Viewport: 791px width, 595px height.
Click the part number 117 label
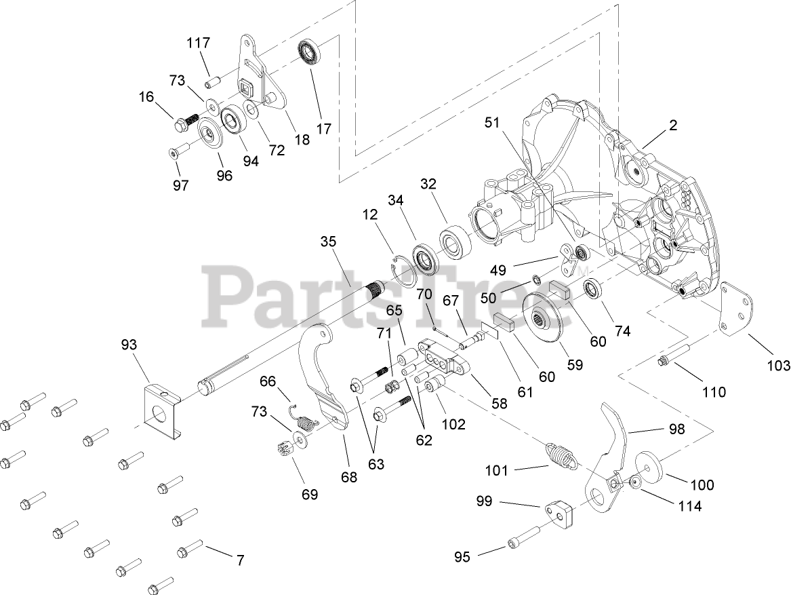(199, 43)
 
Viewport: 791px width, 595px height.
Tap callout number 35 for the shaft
(328, 242)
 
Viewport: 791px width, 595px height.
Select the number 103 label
(777, 366)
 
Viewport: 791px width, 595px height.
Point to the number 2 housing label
(653, 126)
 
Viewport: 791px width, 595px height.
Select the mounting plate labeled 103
(735, 309)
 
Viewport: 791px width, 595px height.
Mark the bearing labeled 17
(311, 52)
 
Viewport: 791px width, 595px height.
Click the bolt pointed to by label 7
(190, 547)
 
